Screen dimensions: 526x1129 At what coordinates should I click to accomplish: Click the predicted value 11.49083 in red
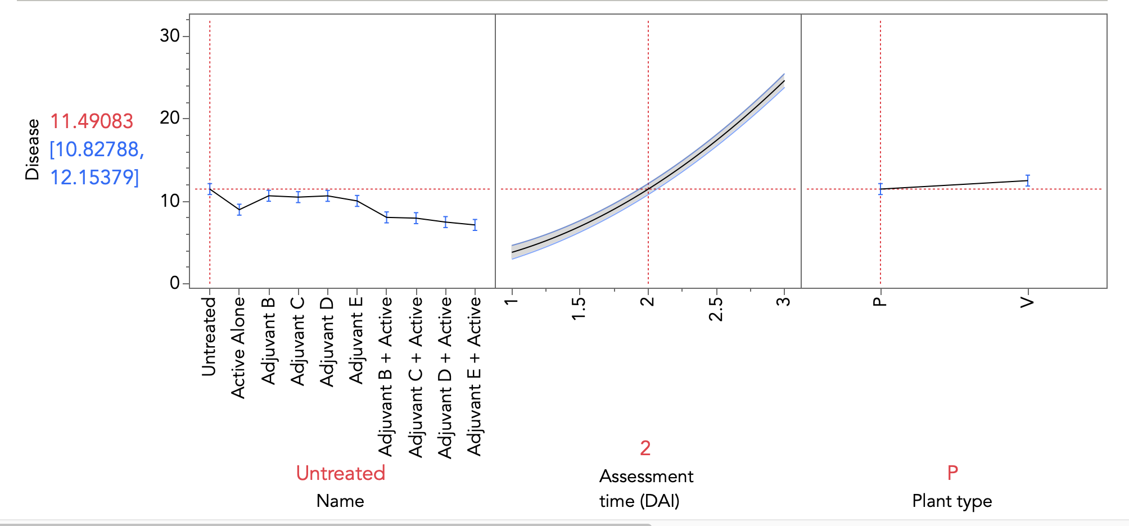(x=92, y=121)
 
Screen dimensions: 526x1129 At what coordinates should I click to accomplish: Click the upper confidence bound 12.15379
(x=94, y=178)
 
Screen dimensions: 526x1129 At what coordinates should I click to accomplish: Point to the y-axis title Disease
(x=33, y=149)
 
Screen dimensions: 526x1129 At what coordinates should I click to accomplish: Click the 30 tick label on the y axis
(x=170, y=36)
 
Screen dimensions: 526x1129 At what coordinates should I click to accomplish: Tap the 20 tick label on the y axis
(x=170, y=118)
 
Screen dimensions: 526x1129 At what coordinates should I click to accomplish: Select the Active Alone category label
(x=238, y=347)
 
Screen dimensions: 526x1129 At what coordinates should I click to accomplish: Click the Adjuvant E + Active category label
(x=475, y=376)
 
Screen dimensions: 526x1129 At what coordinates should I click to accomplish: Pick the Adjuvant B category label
(x=268, y=341)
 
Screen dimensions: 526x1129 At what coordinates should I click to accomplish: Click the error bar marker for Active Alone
(x=239, y=210)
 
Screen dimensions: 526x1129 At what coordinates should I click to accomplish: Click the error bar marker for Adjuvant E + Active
(x=475, y=225)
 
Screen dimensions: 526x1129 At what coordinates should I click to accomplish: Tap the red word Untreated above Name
(x=340, y=473)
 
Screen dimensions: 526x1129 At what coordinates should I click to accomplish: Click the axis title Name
(x=340, y=501)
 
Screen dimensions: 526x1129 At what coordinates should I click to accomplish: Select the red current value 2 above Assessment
(x=645, y=448)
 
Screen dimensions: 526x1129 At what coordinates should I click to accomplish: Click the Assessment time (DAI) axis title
(x=645, y=488)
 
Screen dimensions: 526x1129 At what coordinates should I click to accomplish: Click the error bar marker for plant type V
(x=1028, y=180)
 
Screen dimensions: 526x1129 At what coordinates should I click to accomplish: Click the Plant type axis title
(x=952, y=501)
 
